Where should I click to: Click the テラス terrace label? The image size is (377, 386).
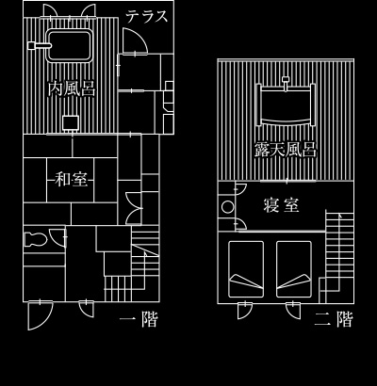click(147, 16)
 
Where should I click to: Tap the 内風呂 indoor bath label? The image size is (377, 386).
click(72, 88)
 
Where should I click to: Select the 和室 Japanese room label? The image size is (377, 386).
click(71, 180)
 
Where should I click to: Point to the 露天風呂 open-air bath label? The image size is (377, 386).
click(286, 150)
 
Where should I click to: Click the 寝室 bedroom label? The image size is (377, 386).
click(281, 205)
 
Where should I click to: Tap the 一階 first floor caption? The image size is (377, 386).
click(139, 319)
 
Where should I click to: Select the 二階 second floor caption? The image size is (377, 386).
click(334, 319)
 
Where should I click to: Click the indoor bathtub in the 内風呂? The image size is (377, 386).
click(69, 46)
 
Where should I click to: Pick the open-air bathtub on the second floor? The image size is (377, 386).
click(286, 105)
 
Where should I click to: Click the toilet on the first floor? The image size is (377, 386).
click(36, 239)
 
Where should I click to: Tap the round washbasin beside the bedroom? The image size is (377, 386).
click(227, 207)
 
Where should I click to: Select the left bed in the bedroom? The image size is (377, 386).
click(246, 269)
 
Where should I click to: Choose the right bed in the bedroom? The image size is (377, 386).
click(294, 269)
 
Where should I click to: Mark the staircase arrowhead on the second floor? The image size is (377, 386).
click(339, 216)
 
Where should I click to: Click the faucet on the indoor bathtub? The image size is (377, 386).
click(40, 46)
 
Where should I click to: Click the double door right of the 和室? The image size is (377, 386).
click(135, 208)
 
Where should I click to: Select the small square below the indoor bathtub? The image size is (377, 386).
click(71, 122)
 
